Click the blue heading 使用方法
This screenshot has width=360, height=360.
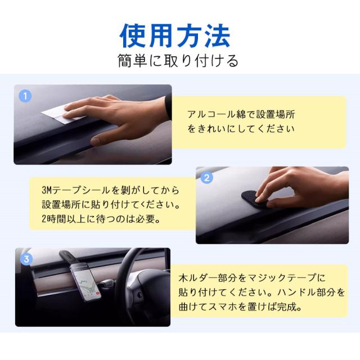pyautogui.click(x=175, y=36)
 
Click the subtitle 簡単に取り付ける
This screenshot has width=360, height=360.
pyautogui.click(x=178, y=61)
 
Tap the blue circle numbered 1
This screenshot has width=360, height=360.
pyautogui.click(x=25, y=96)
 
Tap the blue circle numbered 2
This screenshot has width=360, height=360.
pyautogui.click(x=206, y=178)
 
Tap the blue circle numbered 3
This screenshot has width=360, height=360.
pyautogui.click(x=26, y=259)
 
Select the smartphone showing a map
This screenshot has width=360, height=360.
pyautogui.click(x=85, y=282)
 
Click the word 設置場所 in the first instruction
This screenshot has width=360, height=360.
pyautogui.click(x=276, y=114)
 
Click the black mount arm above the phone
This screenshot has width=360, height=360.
pyautogui.click(x=70, y=256)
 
